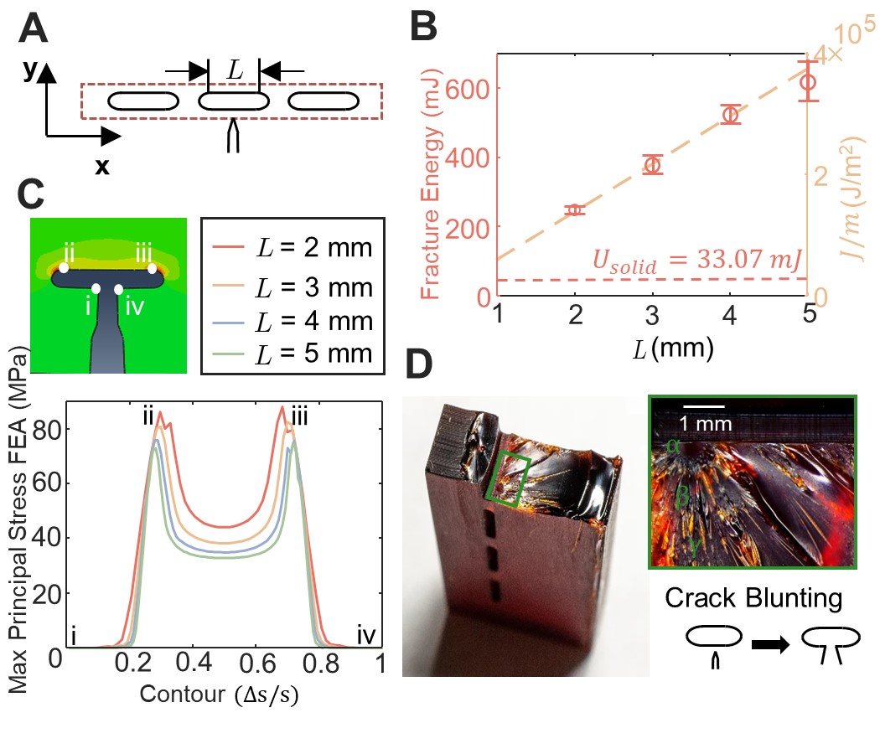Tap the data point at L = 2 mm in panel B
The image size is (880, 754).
pyautogui.click(x=575, y=210)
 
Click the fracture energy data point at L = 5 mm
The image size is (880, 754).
pyautogui.click(x=808, y=81)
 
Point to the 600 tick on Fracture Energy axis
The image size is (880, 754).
pyautogui.click(x=469, y=89)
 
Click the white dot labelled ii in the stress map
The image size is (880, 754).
pyautogui.click(x=64, y=268)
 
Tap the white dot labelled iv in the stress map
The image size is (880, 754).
pyautogui.click(x=119, y=289)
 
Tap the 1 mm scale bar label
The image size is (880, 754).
pyautogui.click(x=707, y=423)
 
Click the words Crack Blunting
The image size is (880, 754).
pyautogui.click(x=753, y=599)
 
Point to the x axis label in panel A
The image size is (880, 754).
pyautogui.click(x=101, y=167)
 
